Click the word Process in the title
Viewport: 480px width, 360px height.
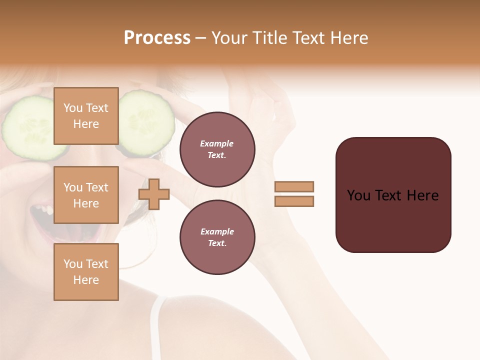[x=157, y=38]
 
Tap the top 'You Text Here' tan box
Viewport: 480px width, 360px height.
[x=86, y=116]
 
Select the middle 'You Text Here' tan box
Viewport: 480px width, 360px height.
[x=86, y=195]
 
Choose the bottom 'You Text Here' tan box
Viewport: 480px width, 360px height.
[x=86, y=271]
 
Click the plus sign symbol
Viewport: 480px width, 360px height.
[x=154, y=193]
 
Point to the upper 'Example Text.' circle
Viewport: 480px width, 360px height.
[x=217, y=149]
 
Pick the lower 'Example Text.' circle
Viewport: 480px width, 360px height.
[x=217, y=237]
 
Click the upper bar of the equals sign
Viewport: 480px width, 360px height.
[x=294, y=186]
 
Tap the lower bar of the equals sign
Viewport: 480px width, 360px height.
[x=294, y=201]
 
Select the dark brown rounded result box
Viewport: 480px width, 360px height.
[x=393, y=194]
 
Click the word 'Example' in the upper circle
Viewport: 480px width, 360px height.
[x=217, y=143]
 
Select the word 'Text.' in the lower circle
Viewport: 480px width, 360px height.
[x=217, y=243]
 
